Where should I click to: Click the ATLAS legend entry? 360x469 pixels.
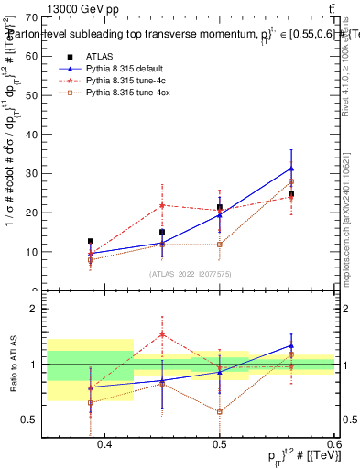(x=96, y=57)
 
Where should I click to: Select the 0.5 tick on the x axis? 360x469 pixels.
(x=220, y=444)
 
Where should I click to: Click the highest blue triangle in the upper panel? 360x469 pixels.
(x=291, y=169)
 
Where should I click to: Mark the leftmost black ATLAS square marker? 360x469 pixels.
(x=90, y=241)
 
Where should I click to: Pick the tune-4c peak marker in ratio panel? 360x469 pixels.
(x=162, y=334)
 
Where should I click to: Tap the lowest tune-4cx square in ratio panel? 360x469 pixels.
(x=220, y=412)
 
